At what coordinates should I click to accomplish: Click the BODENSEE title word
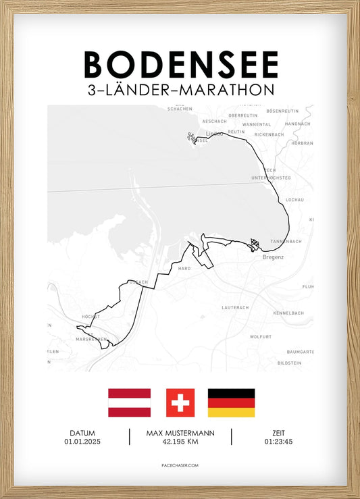point(180,65)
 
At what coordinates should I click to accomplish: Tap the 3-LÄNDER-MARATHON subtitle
point(180,90)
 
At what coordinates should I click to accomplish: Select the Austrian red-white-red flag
point(129,402)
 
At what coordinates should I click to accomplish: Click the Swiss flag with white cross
point(180,402)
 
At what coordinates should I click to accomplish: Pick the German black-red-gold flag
point(231,402)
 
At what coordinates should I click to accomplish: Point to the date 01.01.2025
point(82,442)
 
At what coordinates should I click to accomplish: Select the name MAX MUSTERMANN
point(180,433)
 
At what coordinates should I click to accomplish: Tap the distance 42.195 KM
point(180,442)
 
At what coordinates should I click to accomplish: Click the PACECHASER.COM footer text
point(180,465)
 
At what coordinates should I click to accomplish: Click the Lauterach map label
point(235,307)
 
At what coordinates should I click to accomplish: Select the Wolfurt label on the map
point(260,336)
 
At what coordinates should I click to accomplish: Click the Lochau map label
point(295,200)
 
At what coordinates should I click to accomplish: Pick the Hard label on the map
point(184,268)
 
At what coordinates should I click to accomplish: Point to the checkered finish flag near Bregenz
point(255,244)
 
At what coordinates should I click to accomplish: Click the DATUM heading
point(82,433)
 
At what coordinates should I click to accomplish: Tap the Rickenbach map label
point(269,134)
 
